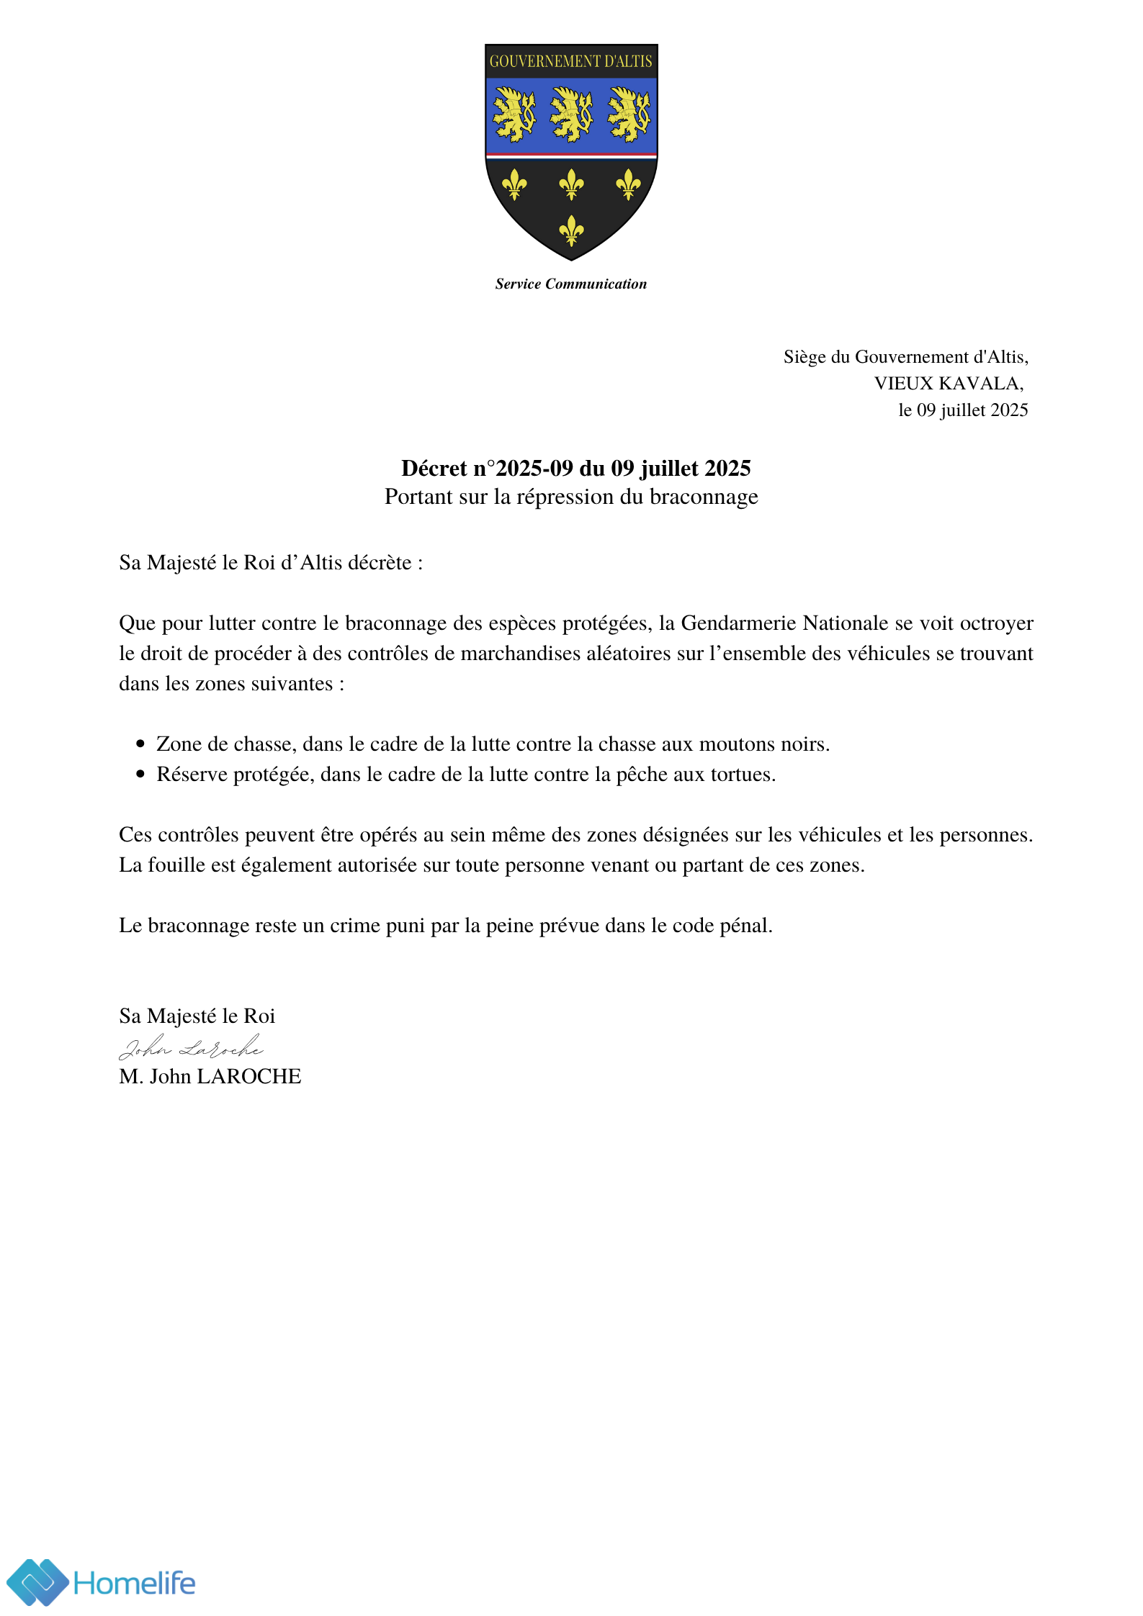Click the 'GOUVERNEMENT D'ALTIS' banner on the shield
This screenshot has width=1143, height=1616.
coord(570,62)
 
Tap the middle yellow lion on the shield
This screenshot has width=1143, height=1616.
coord(571,114)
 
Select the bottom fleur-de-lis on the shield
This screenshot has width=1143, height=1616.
coord(571,230)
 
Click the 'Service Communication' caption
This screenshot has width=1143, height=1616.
coord(570,284)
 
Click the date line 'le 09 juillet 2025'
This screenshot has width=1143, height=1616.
coord(963,410)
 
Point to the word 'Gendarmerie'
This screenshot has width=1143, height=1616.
coord(739,623)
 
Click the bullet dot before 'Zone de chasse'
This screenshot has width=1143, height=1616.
coord(140,744)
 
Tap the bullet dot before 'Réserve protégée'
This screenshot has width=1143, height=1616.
coord(140,775)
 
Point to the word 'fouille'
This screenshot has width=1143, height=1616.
coord(176,865)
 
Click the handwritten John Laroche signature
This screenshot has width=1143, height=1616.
coord(191,1048)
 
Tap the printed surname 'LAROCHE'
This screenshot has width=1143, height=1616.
coord(249,1077)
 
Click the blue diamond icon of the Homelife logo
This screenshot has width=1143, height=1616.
coord(37,1582)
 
